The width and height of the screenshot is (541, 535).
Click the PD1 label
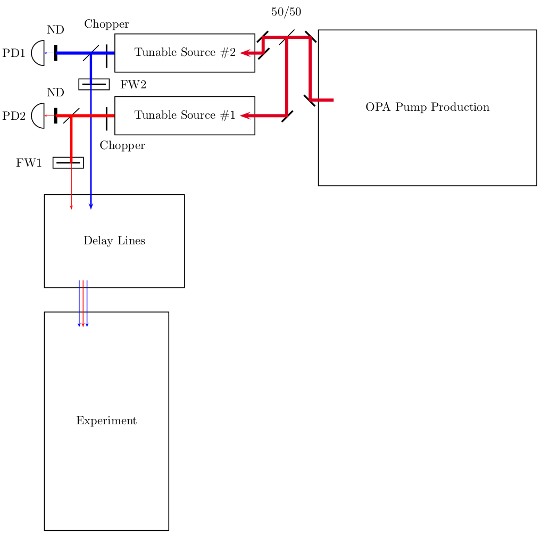pos(14,53)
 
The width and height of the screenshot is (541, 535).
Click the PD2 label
pos(14,116)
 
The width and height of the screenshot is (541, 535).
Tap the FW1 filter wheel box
pos(68,162)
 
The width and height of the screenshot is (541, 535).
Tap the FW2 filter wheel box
pos(94,84)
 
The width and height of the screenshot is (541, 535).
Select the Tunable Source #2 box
pos(185,53)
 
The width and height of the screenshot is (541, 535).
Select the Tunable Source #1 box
pos(185,116)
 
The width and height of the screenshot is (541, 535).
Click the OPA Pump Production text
pos(427,107)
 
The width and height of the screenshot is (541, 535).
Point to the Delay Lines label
pos(114,241)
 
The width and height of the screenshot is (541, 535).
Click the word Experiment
pos(106,421)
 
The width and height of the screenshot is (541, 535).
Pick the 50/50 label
pos(286,12)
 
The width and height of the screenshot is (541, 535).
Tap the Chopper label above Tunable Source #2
pos(106,24)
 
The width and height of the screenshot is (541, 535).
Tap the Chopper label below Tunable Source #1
pos(122,146)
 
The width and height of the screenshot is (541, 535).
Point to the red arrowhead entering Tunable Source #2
pos(245,53)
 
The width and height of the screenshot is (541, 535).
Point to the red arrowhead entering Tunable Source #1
pos(245,116)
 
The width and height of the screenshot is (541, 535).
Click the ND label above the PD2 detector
pos(55,93)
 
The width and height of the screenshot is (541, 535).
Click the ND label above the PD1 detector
pos(55,30)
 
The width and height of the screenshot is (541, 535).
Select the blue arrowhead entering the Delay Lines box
pos(91,206)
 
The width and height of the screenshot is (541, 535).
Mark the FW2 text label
pos(133,85)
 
